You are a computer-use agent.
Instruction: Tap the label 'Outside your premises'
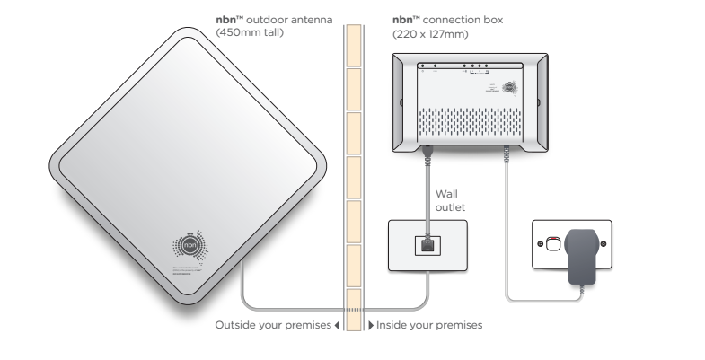pyautogui.click(x=273, y=325)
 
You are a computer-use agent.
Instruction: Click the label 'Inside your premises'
pyautogui.click(x=430, y=325)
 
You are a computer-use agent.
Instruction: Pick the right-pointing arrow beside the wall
pyautogui.click(x=371, y=325)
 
